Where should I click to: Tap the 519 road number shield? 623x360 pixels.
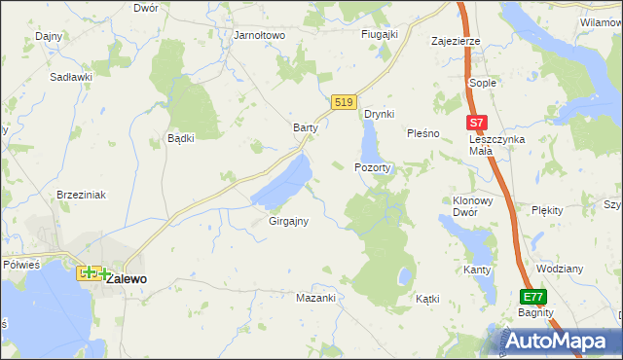343,102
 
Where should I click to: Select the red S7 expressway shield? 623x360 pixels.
475,124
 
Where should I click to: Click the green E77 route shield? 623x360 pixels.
531,297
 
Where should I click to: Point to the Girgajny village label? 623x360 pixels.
288,221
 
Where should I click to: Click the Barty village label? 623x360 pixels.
307,127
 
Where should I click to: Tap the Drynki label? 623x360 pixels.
379,114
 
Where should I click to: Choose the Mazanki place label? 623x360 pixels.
315,298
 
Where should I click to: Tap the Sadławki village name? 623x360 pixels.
71,75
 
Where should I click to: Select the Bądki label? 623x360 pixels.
181,138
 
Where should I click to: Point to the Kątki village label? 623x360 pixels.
427,299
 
